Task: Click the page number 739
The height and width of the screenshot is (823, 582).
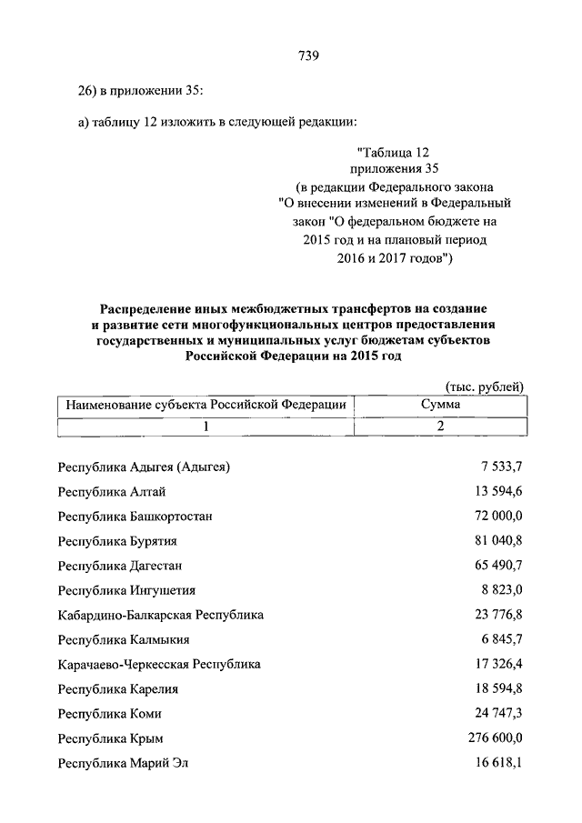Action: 307,56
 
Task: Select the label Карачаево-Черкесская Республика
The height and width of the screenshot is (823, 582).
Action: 159,664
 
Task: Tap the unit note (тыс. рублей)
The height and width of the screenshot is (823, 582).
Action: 485,386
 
